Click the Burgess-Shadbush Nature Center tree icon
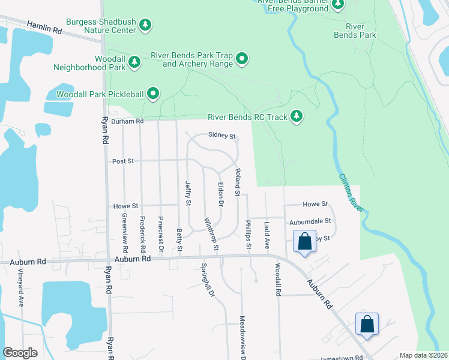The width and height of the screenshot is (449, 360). click(145, 25)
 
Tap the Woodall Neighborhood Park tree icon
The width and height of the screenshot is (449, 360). click(135, 61)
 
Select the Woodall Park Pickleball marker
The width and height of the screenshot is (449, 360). click(153, 93)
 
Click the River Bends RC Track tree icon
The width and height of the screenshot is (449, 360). click(297, 116)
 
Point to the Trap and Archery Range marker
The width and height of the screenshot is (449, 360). click(242, 59)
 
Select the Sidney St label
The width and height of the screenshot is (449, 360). click(221, 136)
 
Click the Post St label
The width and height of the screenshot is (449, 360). click(123, 161)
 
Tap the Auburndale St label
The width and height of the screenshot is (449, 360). click(310, 221)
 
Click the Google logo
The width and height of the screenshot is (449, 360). click(20, 353)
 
